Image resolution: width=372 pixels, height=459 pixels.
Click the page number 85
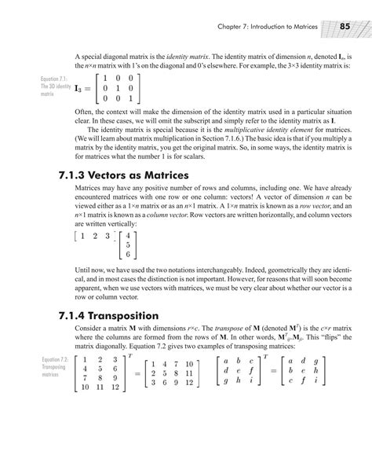click(345, 28)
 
